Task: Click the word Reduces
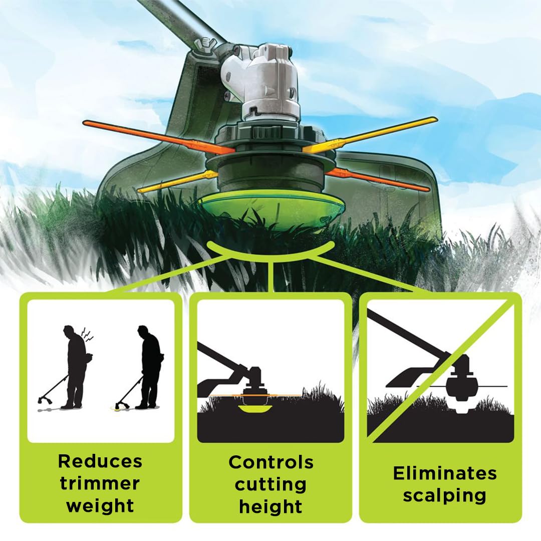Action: (x=100, y=461)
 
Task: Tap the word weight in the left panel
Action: (x=100, y=506)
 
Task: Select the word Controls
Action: (x=271, y=462)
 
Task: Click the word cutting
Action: (x=271, y=485)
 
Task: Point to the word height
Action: (x=271, y=507)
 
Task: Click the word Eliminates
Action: (x=445, y=473)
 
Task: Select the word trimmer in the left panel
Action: (x=100, y=483)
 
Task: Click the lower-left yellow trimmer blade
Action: (x=178, y=180)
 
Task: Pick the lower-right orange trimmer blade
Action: (x=378, y=180)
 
